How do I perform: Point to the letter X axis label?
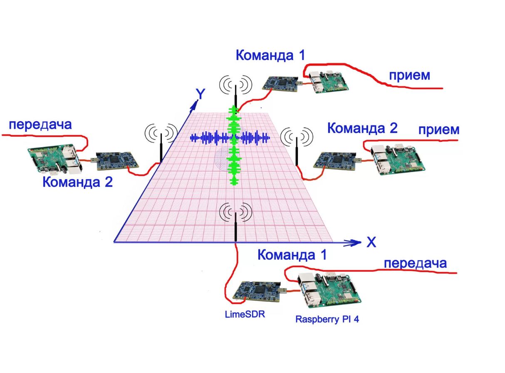371,242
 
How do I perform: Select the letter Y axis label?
200,95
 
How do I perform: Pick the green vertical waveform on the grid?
234,146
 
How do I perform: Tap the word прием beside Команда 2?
439,130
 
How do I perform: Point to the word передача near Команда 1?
415,263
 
